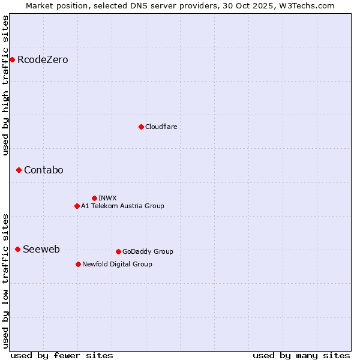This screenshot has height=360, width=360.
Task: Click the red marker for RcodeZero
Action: [x=12, y=59]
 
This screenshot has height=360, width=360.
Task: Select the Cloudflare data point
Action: [x=141, y=127]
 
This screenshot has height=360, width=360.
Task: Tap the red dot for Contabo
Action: [x=19, y=170]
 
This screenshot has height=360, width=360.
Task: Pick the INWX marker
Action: [x=94, y=198]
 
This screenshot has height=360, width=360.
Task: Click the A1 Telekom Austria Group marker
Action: [x=77, y=206]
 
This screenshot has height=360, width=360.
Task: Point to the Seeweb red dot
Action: [x=17, y=249]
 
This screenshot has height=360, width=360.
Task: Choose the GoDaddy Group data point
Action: [x=118, y=251]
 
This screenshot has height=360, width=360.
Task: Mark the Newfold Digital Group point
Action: [x=78, y=264]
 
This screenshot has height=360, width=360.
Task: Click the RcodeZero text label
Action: [x=43, y=60]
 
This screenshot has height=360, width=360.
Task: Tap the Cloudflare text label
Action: [x=161, y=127]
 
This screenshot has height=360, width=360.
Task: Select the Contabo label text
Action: [x=43, y=170]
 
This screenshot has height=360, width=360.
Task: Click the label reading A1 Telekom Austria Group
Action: [x=122, y=206]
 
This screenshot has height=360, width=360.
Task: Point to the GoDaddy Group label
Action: [x=148, y=251]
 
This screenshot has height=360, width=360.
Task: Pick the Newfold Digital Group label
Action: [x=117, y=264]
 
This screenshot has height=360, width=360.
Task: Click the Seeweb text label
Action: [x=41, y=250]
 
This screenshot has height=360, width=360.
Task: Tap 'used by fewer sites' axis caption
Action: [x=62, y=355]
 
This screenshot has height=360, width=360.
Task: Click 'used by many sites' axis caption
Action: [x=301, y=355]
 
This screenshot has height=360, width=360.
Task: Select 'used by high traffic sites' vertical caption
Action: [x=6, y=85]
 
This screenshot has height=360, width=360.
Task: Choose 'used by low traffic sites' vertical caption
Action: [x=6, y=280]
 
